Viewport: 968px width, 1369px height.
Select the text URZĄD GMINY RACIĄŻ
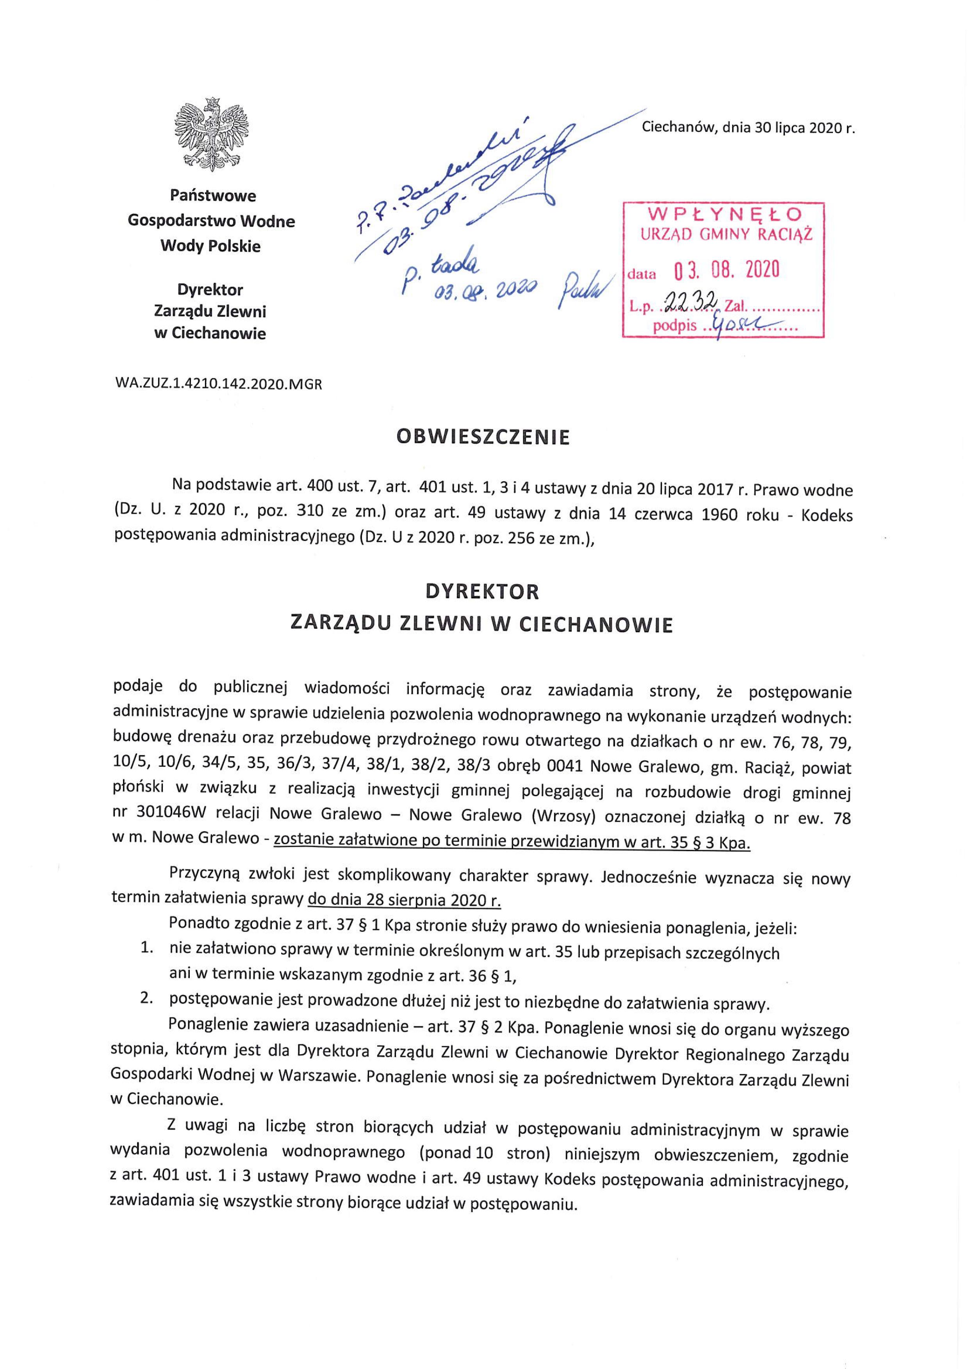(726, 234)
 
